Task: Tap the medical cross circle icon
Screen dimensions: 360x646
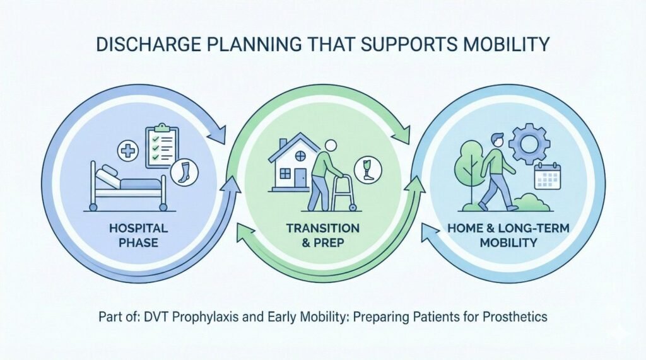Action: (x=128, y=151)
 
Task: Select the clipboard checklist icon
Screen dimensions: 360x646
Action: (x=162, y=146)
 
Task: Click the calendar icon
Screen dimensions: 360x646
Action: (x=546, y=176)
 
